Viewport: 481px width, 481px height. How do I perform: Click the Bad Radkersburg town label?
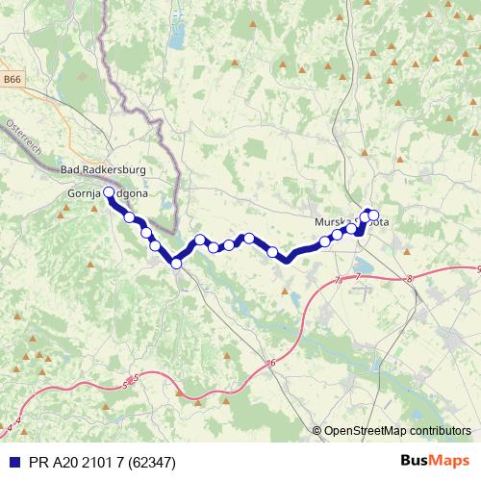(103, 170)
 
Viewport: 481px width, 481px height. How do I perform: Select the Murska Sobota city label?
(351, 221)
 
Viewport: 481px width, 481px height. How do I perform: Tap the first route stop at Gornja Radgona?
(109, 193)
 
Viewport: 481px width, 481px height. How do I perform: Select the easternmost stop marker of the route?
(374, 215)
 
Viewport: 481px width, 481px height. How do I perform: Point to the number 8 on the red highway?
(409, 279)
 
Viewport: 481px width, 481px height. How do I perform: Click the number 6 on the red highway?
(272, 362)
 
